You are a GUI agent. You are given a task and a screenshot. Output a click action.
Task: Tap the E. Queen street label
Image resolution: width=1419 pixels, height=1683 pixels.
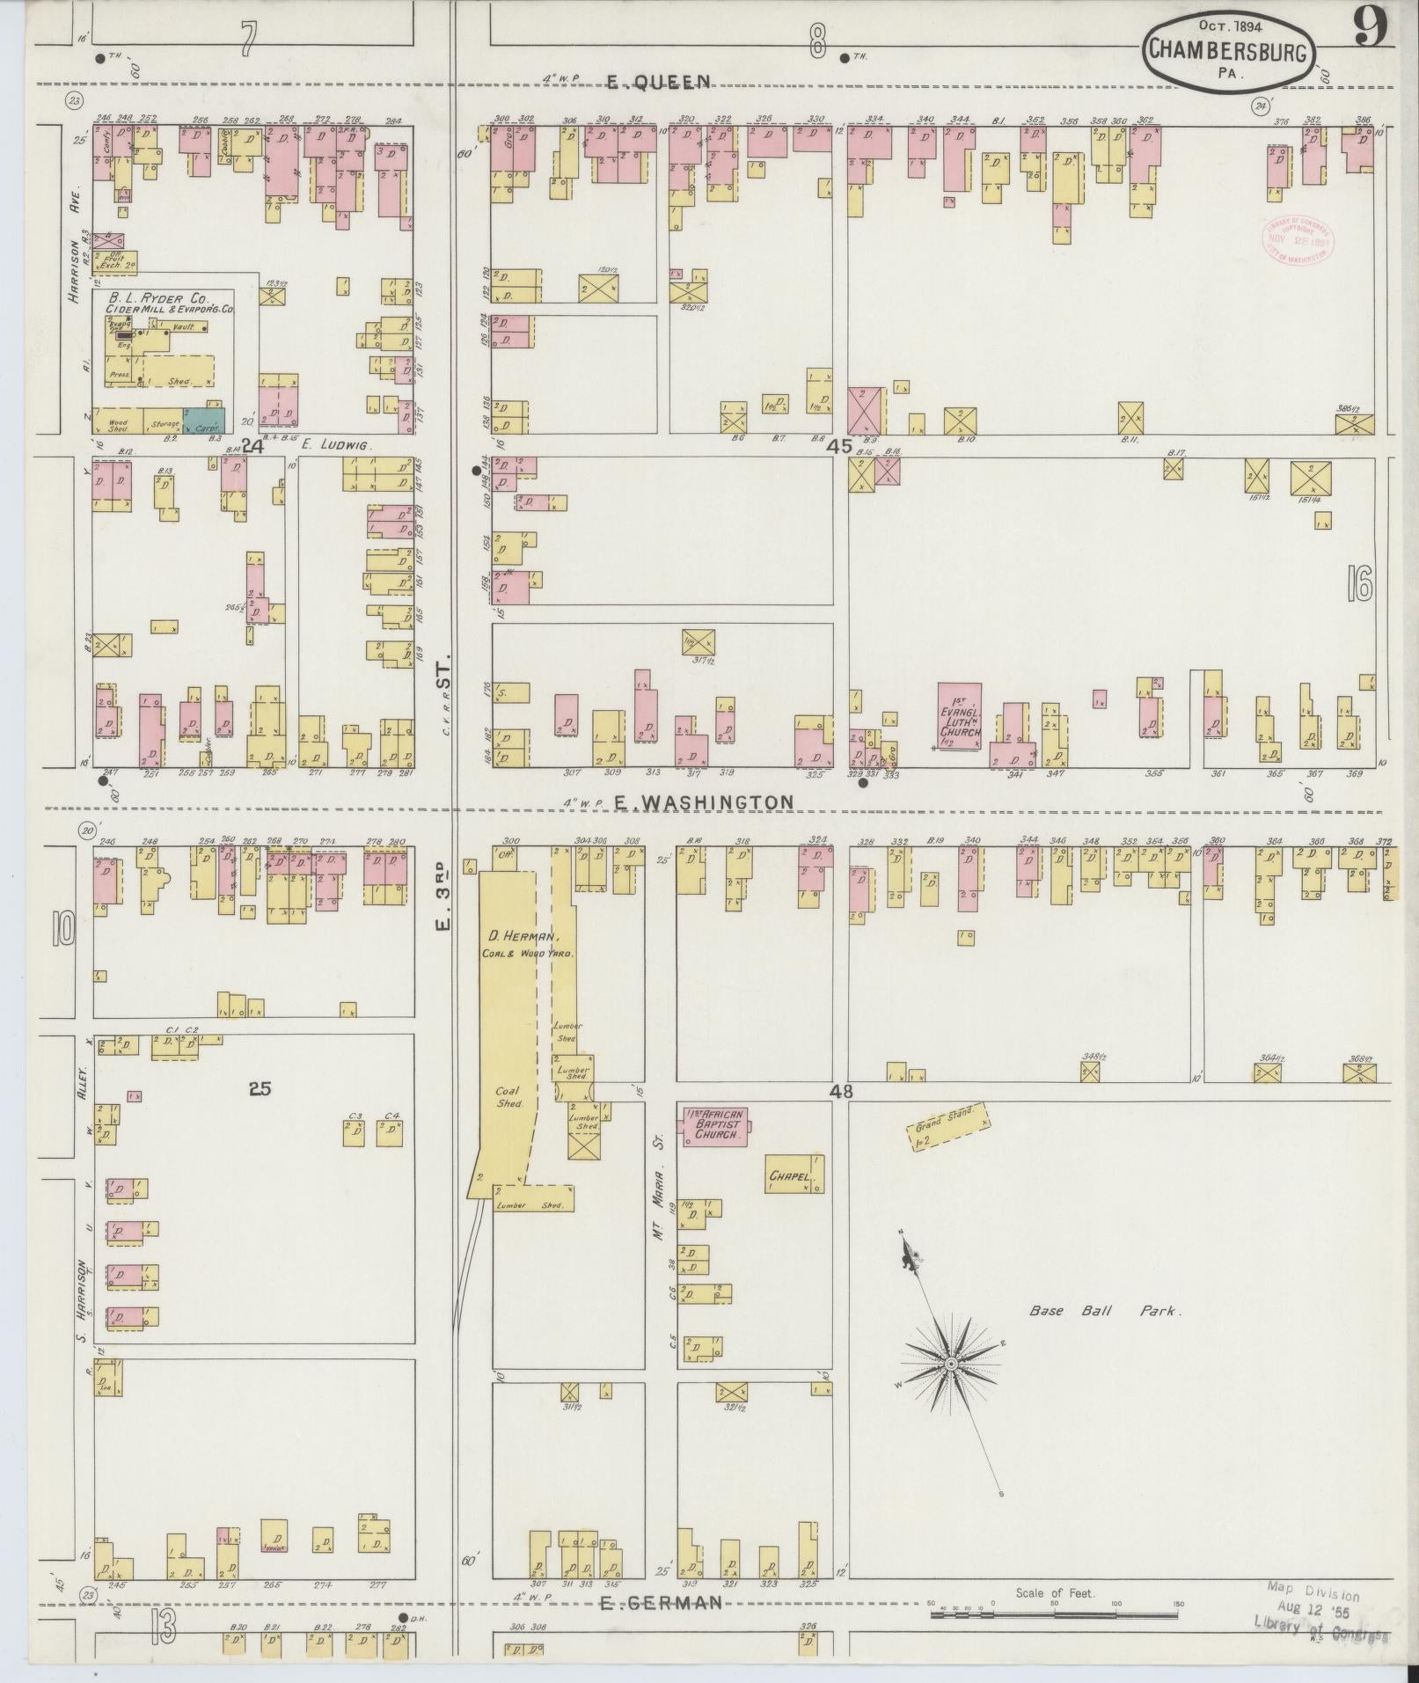[658, 83]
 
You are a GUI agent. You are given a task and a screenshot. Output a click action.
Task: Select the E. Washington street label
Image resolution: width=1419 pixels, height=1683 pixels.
[699, 802]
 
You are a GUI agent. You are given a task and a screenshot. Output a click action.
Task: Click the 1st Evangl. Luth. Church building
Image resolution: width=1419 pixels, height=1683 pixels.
[960, 716]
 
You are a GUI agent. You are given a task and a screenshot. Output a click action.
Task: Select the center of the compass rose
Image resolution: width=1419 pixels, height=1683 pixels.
[951, 1387]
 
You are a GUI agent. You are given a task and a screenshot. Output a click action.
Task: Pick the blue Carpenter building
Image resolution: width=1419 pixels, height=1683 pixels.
[205, 420]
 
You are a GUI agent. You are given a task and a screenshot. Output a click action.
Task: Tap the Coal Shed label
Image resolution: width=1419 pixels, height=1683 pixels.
[508, 1096]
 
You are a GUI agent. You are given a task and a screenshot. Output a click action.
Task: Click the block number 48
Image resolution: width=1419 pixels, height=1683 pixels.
[841, 1091]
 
